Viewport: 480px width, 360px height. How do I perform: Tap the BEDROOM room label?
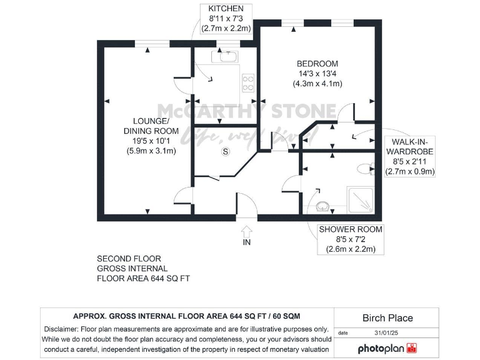317,64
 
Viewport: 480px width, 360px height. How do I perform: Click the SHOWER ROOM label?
351,229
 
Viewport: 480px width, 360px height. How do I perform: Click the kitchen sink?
224,57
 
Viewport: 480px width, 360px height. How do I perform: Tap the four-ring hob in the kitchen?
248,83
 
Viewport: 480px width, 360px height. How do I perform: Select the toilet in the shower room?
367,167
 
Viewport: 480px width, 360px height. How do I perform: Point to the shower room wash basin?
322,206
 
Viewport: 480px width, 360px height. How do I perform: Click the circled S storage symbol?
225,151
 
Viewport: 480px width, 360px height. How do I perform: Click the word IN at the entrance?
246,242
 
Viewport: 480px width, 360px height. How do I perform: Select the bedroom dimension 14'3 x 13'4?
317,74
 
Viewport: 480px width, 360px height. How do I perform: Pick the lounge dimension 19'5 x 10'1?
151,141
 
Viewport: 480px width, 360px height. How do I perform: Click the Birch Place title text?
387,318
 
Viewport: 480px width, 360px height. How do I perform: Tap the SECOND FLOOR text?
129,258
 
